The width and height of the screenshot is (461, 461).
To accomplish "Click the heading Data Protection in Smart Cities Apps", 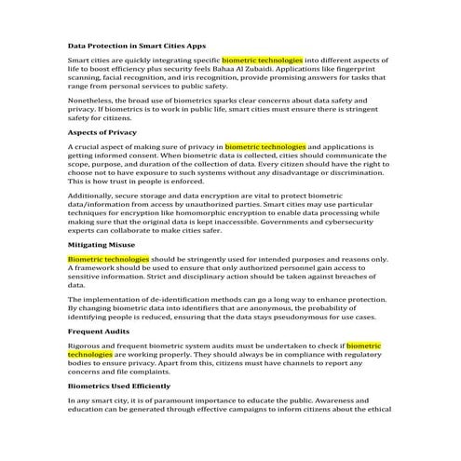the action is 137,45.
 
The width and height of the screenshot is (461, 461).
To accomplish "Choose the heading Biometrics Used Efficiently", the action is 119,385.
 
